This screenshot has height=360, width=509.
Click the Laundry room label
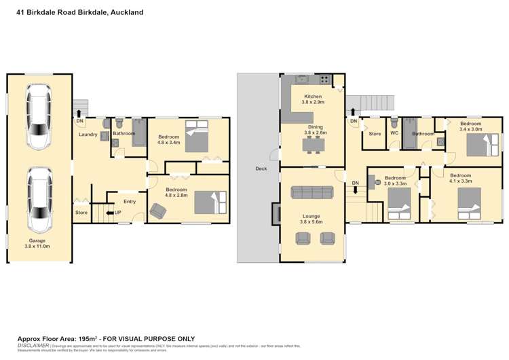88,134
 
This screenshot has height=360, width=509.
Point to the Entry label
129,202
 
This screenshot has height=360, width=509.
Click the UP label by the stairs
118,213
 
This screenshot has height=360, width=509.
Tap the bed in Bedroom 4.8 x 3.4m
196,137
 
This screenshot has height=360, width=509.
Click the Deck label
261,169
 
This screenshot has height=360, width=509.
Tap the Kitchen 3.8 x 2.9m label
313,100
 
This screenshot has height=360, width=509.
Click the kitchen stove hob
325,79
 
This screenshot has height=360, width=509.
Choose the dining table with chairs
313,144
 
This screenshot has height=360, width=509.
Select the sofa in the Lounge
312,192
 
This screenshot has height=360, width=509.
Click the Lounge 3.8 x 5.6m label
312,219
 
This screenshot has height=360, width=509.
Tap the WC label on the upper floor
394,134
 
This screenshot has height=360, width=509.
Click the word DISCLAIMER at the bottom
33,345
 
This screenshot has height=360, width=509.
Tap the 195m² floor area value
87,338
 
